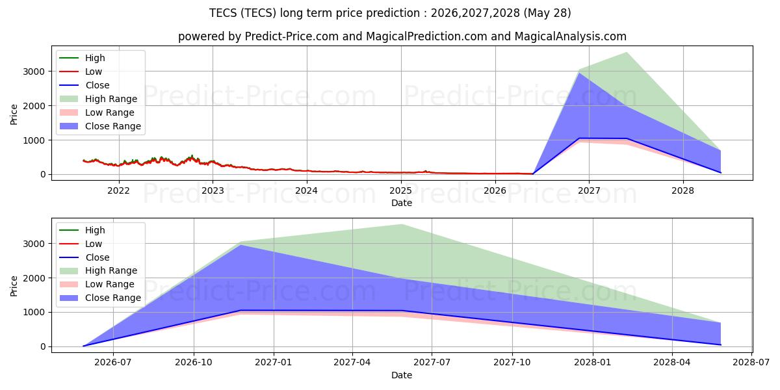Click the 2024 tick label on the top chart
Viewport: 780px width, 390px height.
[x=306, y=191]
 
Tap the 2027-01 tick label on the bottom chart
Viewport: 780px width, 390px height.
[x=274, y=363]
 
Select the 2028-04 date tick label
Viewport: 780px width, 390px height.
[x=672, y=363]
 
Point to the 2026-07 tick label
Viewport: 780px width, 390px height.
[x=113, y=363]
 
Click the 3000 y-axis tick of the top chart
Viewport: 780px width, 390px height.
[x=34, y=71]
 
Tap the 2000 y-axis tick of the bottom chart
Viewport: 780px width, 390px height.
[x=34, y=279]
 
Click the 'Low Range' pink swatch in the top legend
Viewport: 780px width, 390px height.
[x=69, y=112]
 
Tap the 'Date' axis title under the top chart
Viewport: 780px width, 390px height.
[x=402, y=203]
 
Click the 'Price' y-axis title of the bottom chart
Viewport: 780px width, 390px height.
[x=14, y=286]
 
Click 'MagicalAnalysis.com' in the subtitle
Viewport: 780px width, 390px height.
[x=571, y=36]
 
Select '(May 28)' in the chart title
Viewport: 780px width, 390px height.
[x=547, y=13]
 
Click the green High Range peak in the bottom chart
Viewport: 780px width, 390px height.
[x=402, y=225]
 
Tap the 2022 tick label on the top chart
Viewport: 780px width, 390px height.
[x=118, y=191]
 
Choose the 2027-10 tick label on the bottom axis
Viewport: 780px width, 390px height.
[x=512, y=363]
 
